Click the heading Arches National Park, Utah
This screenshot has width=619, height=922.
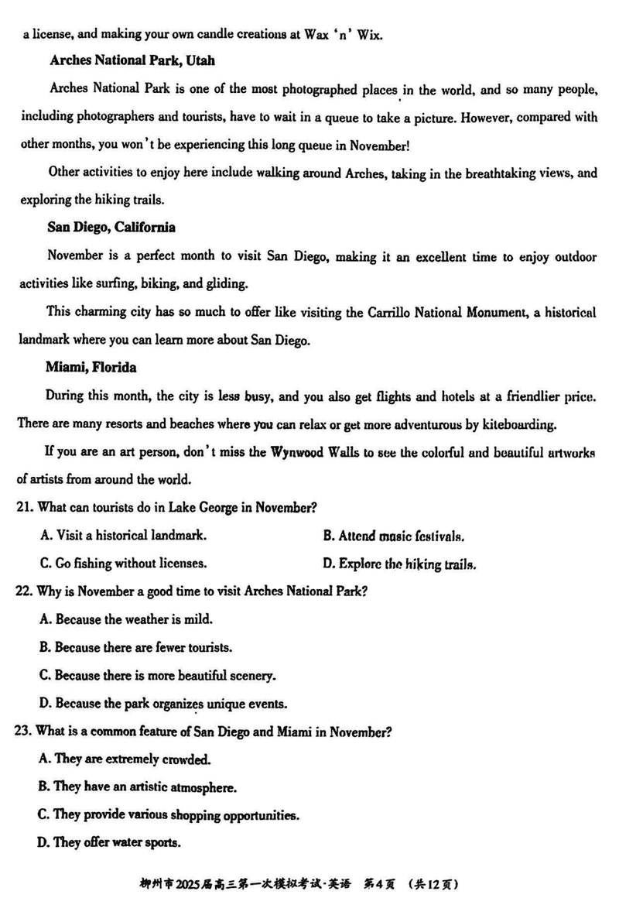(132, 60)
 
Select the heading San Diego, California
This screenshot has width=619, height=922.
(111, 227)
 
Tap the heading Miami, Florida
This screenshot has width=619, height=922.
(91, 368)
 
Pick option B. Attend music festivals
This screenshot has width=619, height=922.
(393, 536)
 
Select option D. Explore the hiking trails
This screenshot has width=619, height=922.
(398, 564)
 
